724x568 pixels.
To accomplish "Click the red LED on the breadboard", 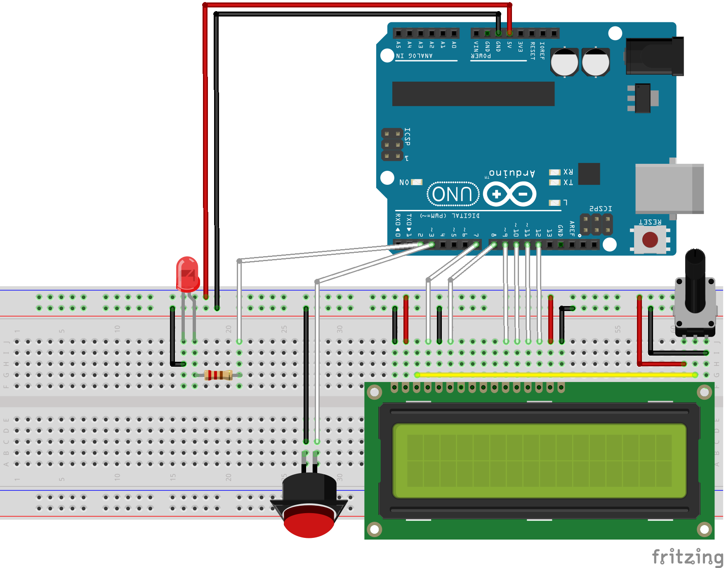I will [x=188, y=273].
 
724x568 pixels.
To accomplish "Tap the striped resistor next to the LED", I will [x=218, y=375].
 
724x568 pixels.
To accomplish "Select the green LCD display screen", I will [x=539, y=460].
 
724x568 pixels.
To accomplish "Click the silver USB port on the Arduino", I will [x=669, y=189].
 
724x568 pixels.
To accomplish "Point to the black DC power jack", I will [x=654, y=56].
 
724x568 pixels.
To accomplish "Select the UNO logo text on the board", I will [x=453, y=194].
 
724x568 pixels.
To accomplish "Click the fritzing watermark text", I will [x=687, y=557].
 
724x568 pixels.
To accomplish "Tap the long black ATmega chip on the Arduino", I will [x=473, y=94].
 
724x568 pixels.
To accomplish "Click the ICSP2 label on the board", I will [x=601, y=209].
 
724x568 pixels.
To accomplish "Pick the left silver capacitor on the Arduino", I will [x=564, y=62].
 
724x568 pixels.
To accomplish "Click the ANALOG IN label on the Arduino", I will [x=414, y=56].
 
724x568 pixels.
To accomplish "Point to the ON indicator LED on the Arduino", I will [x=417, y=182].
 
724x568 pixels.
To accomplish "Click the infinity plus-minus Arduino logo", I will [x=509, y=194].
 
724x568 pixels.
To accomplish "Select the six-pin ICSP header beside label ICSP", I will [x=392, y=145].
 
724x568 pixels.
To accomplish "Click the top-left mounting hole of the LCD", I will [x=374, y=392].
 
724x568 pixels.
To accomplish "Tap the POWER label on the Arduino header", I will [x=481, y=56].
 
